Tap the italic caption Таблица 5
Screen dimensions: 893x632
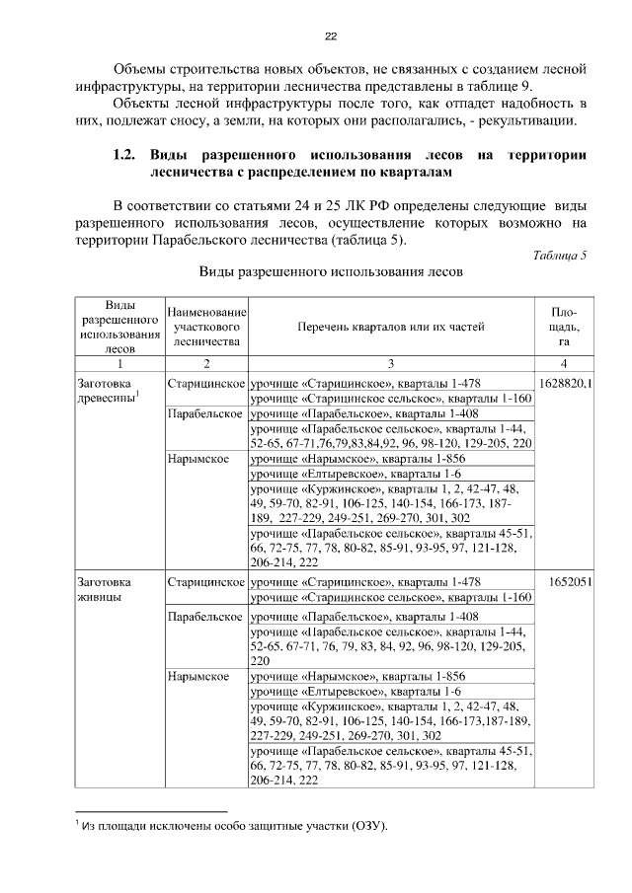pos(560,255)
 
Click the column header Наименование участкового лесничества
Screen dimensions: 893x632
pos(206,324)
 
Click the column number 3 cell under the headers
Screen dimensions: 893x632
pos(390,364)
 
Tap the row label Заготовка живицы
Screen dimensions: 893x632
pos(105,590)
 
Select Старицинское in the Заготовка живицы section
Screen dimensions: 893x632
pos(206,582)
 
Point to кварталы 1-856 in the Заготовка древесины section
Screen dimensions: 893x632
pos(413,459)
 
